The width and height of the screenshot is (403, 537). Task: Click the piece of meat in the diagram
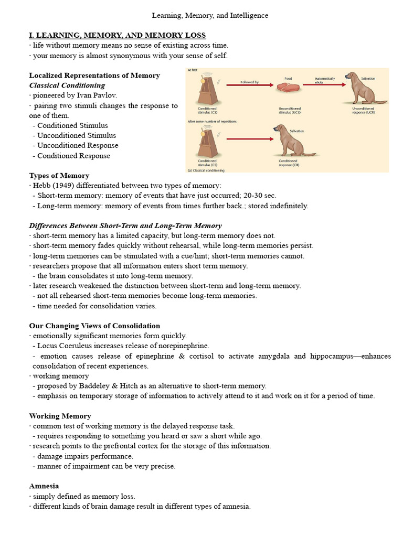point(288,89)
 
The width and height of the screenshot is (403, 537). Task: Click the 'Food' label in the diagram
point(288,78)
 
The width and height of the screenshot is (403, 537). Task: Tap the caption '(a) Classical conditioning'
point(206,170)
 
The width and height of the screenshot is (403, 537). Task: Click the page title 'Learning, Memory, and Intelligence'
point(210,16)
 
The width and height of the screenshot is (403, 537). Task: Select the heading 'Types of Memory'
point(59,176)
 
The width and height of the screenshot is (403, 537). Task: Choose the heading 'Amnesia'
point(44,486)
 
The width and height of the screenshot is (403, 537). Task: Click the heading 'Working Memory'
point(60,416)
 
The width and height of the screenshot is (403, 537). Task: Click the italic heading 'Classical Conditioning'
point(67,85)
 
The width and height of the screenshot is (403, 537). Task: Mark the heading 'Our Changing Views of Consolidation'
point(94,326)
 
